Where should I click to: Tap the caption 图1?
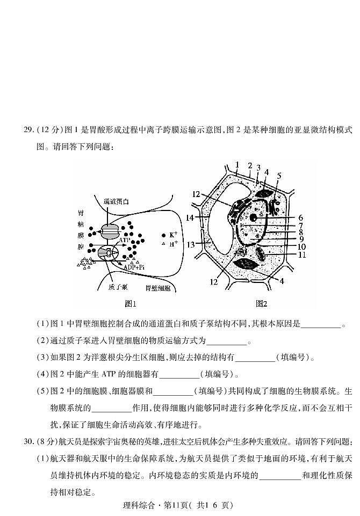[130, 304]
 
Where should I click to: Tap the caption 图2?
[262, 304]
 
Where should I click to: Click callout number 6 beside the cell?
[301, 218]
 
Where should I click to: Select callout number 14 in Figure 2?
[190, 218]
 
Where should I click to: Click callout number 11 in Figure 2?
[301, 255]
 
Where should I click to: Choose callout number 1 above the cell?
[236, 164]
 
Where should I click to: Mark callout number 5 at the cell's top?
[279, 175]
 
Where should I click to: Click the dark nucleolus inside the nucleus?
[253, 217]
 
